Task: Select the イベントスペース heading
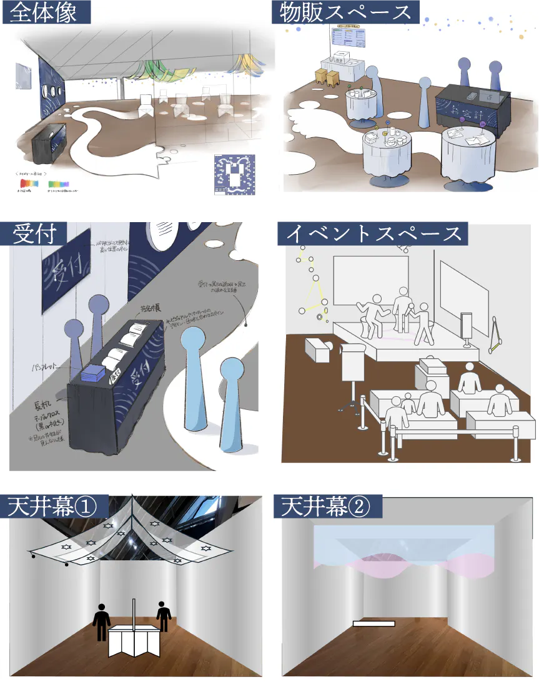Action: pyautogui.click(x=373, y=233)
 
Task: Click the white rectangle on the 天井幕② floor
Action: pyautogui.click(x=374, y=623)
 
